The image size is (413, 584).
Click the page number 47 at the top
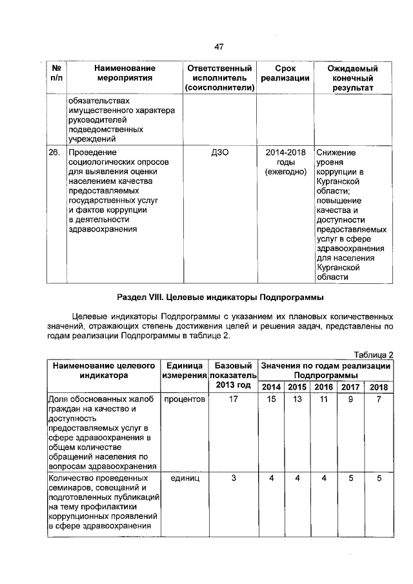(218, 46)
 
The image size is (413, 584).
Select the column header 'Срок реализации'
(285, 74)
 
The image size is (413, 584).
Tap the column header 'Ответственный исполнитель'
(218, 78)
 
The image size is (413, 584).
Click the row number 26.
(54, 153)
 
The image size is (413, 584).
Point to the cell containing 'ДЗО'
(218, 153)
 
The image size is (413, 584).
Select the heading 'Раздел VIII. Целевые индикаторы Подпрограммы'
(219, 297)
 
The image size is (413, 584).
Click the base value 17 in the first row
(233, 400)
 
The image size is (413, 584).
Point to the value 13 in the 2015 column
(297, 400)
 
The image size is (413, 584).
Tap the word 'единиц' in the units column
(185, 479)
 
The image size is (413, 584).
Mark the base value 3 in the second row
(233, 479)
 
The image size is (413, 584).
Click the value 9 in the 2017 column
(351, 400)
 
